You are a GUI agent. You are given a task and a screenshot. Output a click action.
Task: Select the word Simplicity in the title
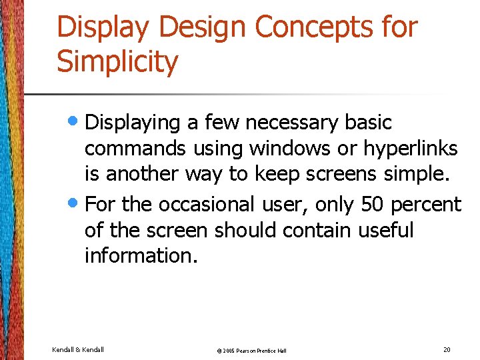point(117,62)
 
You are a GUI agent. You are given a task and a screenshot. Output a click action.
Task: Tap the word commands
point(137,149)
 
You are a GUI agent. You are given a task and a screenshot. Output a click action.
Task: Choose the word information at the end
point(141,255)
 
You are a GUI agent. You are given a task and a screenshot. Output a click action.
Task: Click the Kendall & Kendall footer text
point(78,349)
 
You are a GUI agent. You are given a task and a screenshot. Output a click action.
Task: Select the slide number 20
point(446,349)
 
